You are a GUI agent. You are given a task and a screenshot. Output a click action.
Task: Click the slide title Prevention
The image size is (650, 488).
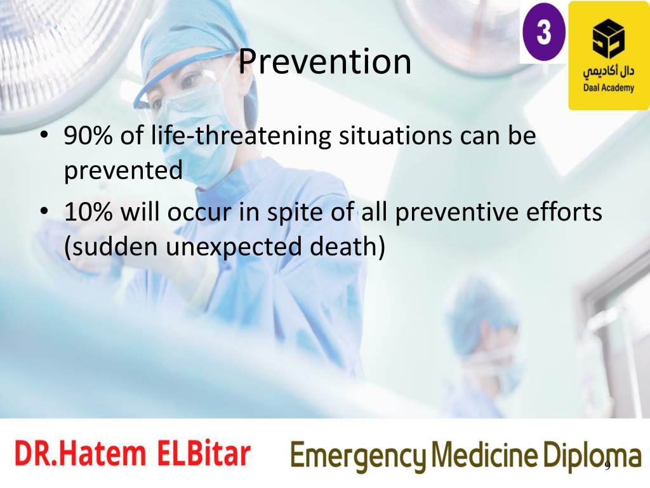(324, 62)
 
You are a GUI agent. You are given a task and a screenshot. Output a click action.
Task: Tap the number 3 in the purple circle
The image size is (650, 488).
(544, 32)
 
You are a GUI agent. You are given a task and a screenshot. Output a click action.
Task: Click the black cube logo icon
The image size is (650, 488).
(608, 39)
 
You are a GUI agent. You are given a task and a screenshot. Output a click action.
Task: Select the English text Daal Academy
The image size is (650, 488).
(609, 88)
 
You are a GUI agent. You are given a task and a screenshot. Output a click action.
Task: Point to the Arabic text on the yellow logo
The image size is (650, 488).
(609, 71)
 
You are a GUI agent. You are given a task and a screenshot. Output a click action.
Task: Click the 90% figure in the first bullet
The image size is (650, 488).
(88, 135)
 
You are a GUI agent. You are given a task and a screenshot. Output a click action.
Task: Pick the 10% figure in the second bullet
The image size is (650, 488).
(88, 212)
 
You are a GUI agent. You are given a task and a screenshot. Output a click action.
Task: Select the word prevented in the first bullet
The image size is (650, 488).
(123, 170)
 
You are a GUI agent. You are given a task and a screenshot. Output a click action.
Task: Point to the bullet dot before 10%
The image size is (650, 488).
(44, 212)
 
